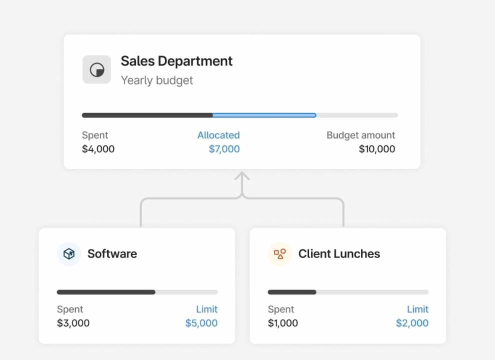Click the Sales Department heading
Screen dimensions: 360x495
pos(176,61)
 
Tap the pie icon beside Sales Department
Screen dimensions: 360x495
pos(96,69)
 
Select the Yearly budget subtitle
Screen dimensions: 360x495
pos(156,80)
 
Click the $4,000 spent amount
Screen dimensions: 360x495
pos(98,149)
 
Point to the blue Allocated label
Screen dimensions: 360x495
pos(218,135)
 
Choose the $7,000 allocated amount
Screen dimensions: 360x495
pos(224,149)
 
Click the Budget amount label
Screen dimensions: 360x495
pos(360,135)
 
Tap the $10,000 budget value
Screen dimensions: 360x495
pos(377,149)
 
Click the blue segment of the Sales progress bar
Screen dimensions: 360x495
pos(264,115)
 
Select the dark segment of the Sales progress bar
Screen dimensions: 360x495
pos(147,115)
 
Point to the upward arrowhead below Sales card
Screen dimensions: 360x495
pos(242,176)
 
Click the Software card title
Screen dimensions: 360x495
pos(112,254)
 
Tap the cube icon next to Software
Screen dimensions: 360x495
pos(69,254)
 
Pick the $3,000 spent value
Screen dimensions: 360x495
pos(73,323)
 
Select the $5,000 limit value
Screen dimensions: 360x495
pos(201,323)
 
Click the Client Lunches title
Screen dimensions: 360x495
pos(339,254)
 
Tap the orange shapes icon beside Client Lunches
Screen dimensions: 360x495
pos(280,254)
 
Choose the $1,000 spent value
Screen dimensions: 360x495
pos(282,323)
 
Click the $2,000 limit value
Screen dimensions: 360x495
pos(412,323)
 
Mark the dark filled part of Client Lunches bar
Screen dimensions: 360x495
pos(292,292)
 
